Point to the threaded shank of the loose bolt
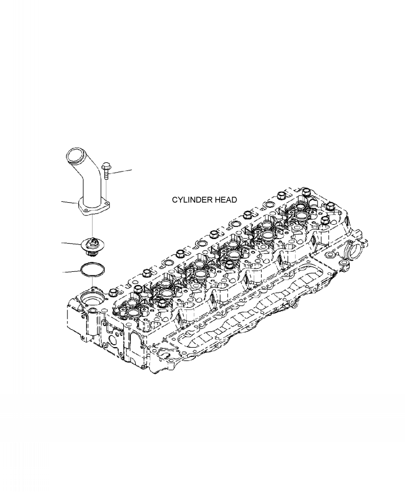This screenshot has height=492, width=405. [106, 175]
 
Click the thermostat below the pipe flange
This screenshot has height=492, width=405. [93, 244]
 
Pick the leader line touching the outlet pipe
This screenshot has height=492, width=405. [70, 202]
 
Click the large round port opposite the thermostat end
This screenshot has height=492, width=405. [354, 252]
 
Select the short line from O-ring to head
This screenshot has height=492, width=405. [93, 282]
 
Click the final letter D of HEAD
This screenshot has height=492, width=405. [234, 200]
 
